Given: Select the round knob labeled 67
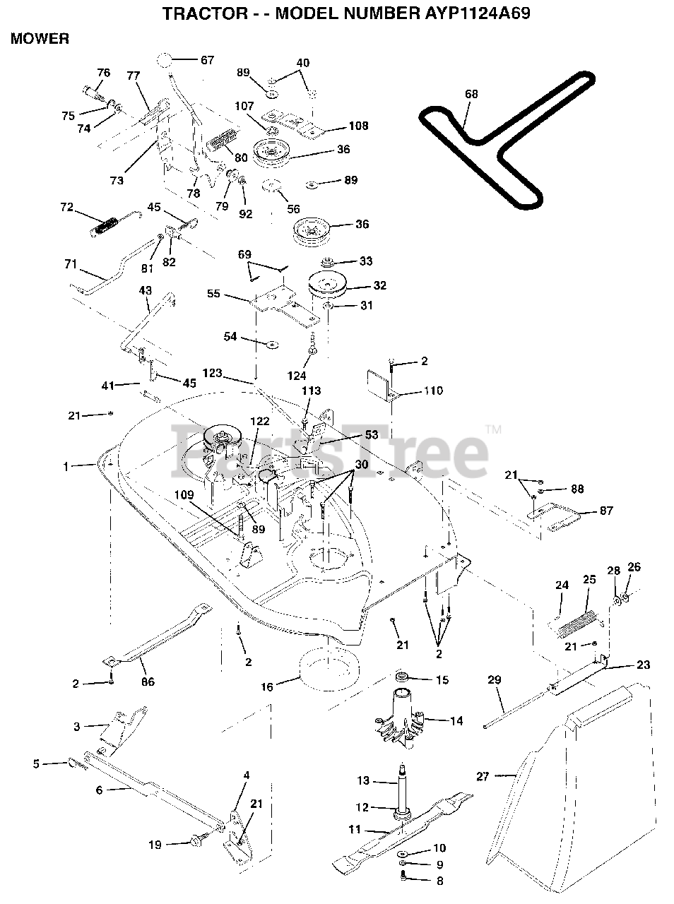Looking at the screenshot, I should (x=164, y=60).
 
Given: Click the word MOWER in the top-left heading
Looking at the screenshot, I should (x=40, y=39).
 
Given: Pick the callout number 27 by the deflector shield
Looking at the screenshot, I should (x=483, y=777).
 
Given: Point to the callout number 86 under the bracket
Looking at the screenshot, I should (x=148, y=682).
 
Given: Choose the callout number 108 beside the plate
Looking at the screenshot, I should (x=357, y=127).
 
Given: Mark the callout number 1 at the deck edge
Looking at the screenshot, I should (x=66, y=466).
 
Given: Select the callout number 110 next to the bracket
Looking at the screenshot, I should (x=433, y=391).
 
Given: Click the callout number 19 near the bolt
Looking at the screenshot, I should (x=155, y=844).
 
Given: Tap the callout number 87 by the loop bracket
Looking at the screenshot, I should (x=606, y=510).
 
